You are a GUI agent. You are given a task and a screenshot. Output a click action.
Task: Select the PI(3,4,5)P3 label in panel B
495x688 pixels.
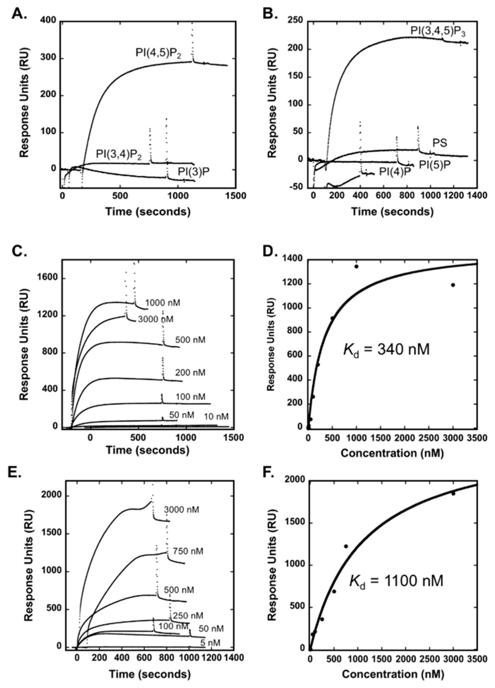[x=439, y=31]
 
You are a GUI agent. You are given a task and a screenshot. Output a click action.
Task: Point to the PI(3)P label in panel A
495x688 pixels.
[x=193, y=172]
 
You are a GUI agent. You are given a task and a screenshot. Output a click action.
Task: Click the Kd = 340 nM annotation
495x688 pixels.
[x=386, y=350]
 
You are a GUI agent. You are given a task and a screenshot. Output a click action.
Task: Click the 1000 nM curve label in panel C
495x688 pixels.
[x=162, y=303]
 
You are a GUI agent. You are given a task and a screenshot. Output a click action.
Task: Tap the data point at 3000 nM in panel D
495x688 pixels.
[x=453, y=285]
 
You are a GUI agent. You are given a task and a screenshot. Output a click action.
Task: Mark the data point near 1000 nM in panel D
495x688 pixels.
[x=356, y=266]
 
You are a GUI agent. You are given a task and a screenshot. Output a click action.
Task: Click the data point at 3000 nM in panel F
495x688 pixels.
[x=453, y=494]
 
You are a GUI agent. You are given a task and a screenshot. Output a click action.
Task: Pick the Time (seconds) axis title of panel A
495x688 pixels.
[x=148, y=211]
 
